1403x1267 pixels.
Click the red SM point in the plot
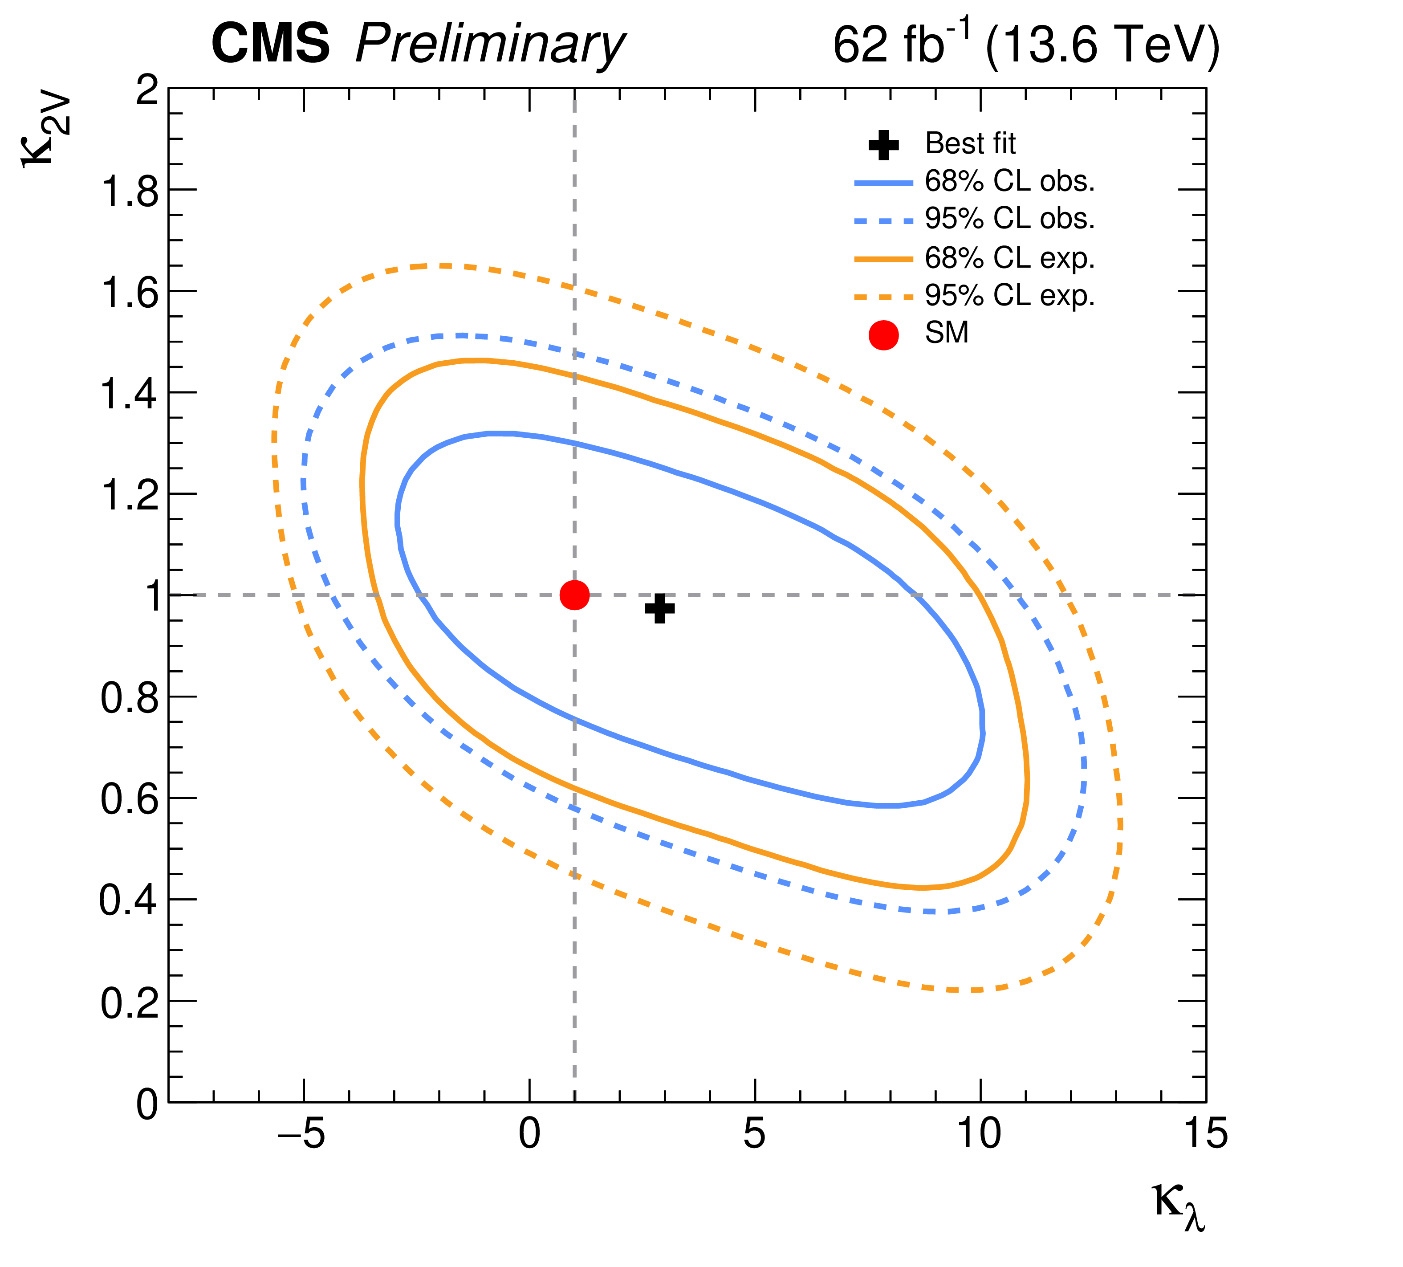pos(574,595)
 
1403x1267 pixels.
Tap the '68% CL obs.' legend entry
pos(1009,182)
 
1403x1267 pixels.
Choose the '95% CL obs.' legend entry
pos(1009,219)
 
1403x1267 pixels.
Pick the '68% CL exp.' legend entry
pos(1009,258)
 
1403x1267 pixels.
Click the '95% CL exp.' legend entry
pos(1009,296)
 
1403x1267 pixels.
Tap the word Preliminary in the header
pos(489,46)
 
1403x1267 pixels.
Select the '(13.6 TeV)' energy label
pos(1102,46)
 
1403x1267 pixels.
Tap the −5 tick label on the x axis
pos(302,1136)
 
